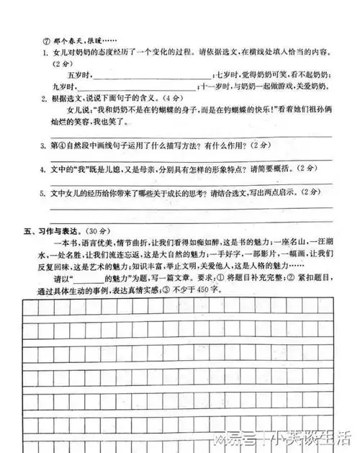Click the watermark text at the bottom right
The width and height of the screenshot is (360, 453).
pos(303,436)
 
